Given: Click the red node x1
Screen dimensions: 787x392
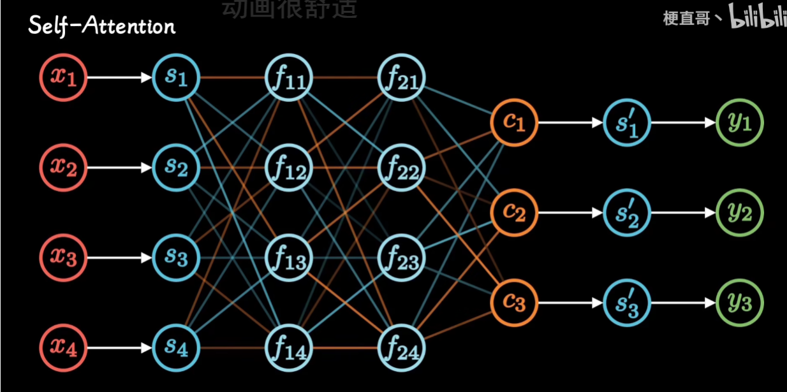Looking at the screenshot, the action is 63,78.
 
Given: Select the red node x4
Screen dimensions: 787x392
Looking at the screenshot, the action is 63,349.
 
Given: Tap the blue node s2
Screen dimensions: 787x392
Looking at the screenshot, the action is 177,168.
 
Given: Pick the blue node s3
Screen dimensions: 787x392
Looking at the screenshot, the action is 177,258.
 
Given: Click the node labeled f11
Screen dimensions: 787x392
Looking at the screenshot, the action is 290,78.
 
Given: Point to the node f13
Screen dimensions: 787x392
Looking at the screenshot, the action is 290,258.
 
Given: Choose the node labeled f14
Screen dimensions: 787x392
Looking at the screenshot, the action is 290,349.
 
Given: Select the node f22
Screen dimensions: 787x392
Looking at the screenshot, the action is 402,168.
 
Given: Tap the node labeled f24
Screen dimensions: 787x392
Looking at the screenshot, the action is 402,349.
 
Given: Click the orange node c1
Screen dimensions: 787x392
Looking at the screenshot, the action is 514,123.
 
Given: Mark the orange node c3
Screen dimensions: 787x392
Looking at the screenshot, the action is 514,303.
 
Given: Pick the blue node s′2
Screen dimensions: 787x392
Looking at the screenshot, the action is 627,213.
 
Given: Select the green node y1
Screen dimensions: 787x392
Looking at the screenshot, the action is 740,123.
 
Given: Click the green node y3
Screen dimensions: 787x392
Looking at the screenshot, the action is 740,303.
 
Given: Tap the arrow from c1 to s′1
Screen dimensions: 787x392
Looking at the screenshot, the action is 570,123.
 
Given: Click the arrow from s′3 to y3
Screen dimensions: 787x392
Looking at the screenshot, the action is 683,303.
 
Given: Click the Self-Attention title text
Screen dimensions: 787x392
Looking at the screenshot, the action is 102,27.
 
